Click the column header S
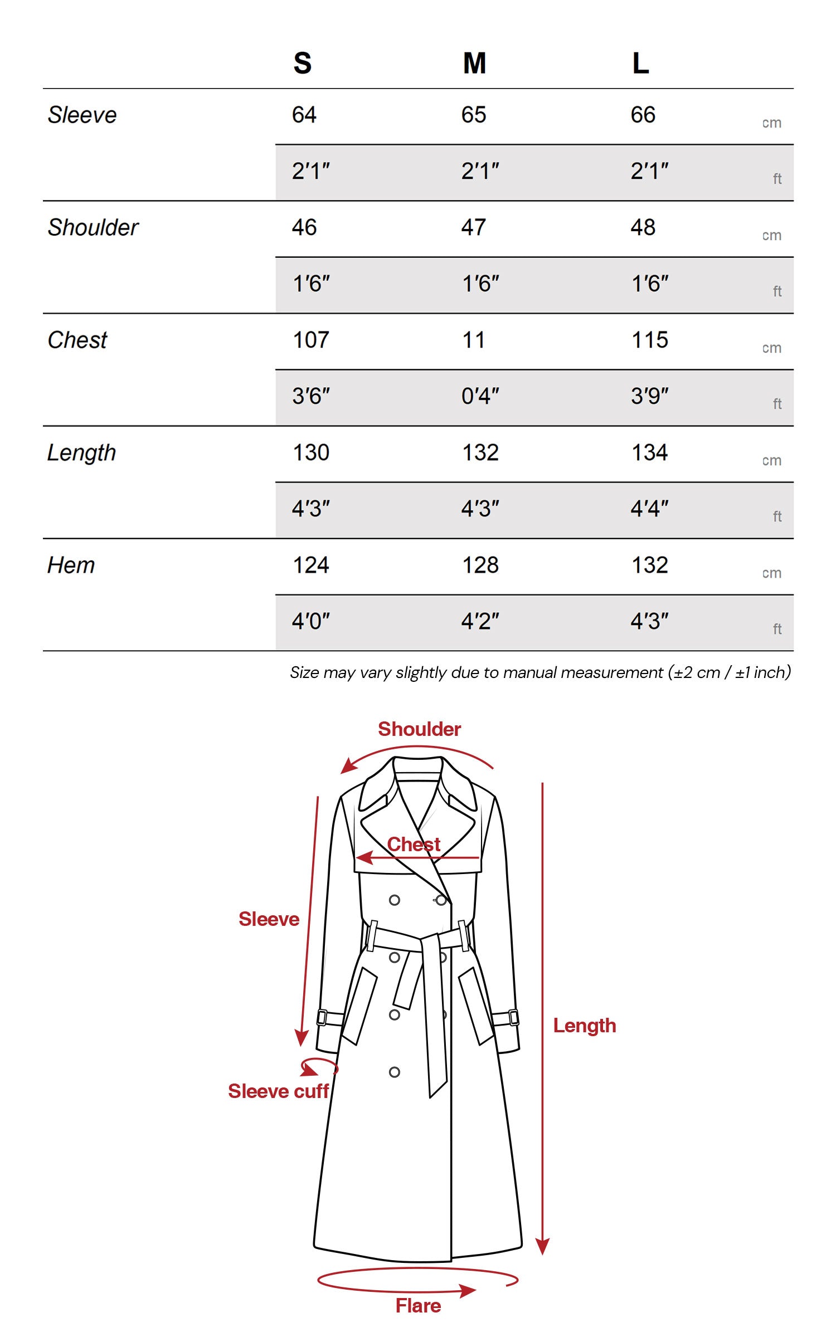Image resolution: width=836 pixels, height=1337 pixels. (x=302, y=63)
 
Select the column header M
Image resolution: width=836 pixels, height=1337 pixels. (x=474, y=63)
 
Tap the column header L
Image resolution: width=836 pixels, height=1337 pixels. (x=640, y=63)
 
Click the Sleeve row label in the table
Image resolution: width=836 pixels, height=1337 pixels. (x=82, y=115)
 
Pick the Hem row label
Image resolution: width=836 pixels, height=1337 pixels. (x=71, y=565)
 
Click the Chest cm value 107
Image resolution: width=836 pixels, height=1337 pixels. (x=311, y=340)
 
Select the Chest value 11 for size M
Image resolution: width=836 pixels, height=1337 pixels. (x=473, y=340)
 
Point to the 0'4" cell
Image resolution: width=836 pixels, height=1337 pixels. (x=480, y=396)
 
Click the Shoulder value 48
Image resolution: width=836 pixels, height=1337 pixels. (x=643, y=227)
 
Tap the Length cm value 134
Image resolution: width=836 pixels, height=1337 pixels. (x=649, y=452)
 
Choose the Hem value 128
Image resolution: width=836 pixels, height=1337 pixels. (x=480, y=565)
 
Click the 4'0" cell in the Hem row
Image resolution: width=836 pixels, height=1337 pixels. (x=311, y=621)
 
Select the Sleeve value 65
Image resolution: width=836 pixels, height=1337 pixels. (x=474, y=115)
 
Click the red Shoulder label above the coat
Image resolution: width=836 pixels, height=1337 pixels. (x=419, y=729)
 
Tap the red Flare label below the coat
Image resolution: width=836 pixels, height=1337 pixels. (x=418, y=1306)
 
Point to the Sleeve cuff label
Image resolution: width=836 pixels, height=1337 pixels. (x=278, y=1091)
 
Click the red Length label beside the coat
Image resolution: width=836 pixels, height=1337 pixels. (x=585, y=1026)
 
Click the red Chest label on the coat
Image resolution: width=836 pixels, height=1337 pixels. (x=414, y=845)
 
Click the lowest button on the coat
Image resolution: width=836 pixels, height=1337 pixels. (x=395, y=1072)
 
